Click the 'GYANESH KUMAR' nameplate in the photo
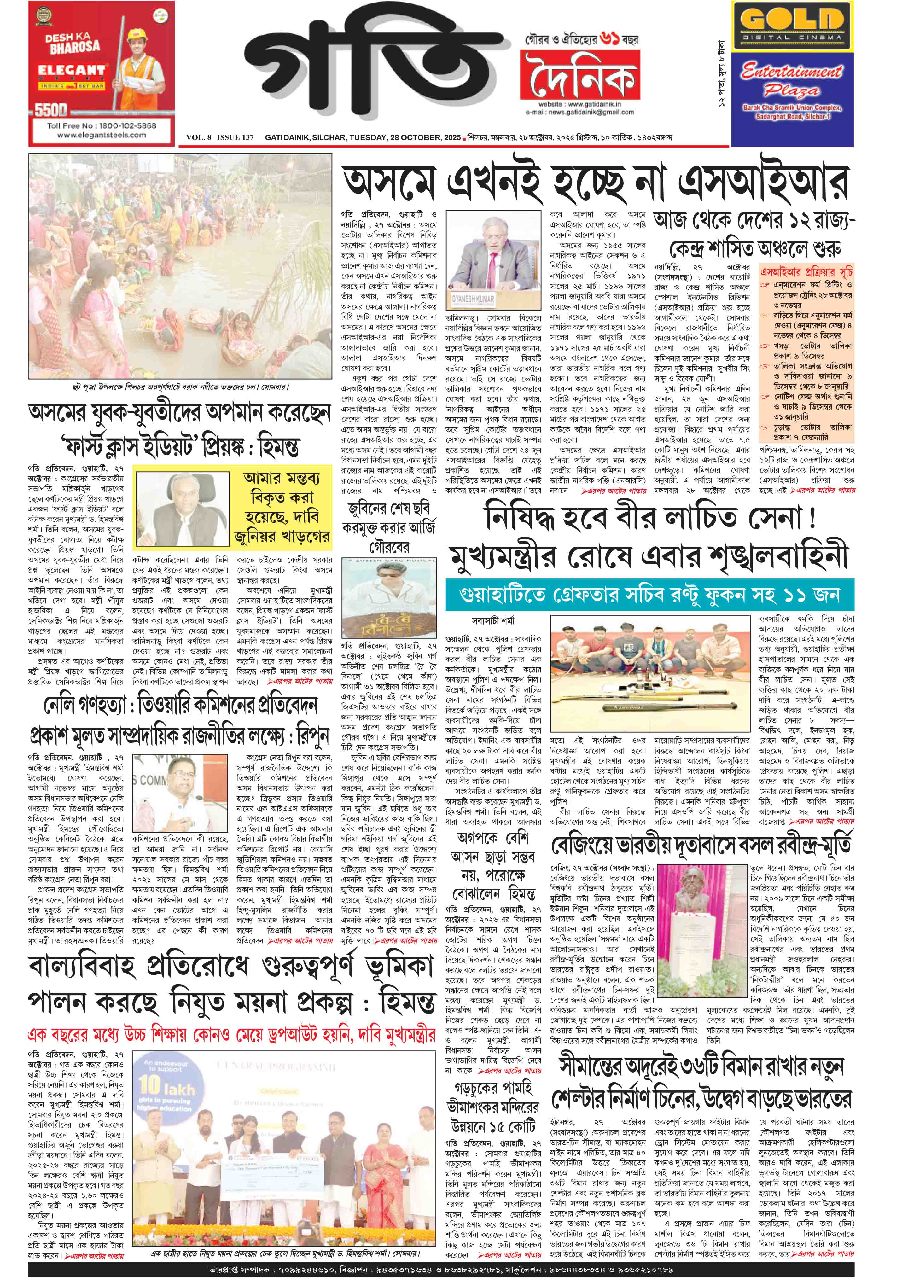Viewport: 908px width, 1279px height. [473, 299]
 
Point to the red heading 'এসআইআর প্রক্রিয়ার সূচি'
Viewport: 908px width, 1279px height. [806, 272]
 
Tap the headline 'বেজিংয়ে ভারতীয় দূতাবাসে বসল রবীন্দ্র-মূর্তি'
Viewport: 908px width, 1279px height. [702, 846]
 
